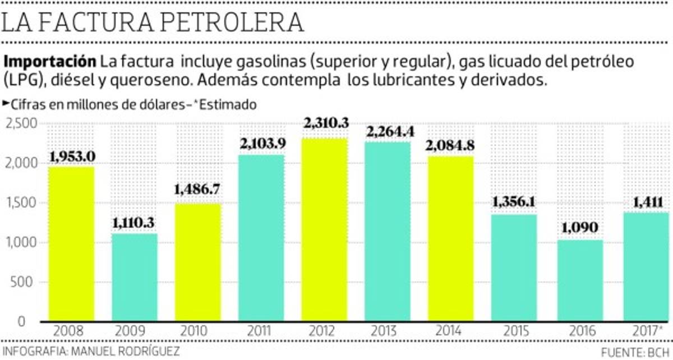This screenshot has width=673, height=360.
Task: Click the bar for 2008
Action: [71, 244]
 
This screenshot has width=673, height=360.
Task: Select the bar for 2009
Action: [134, 278]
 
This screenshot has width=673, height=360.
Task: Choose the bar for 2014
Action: [451, 238]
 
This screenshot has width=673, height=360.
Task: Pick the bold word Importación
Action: [49, 61]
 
